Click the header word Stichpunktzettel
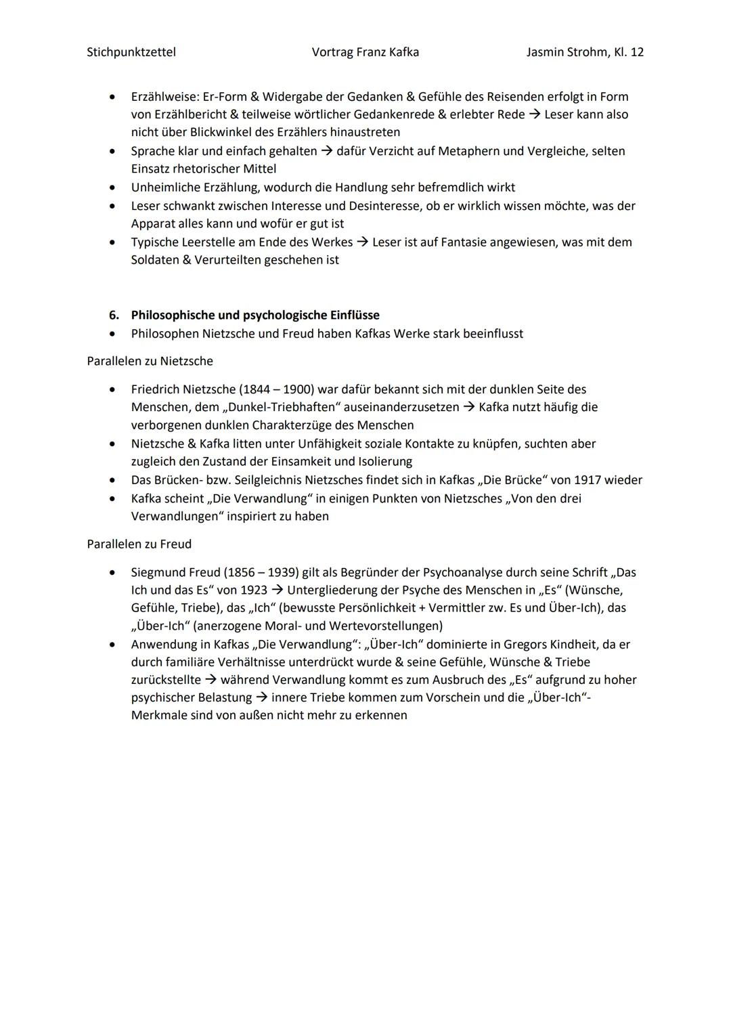pyautogui.click(x=131, y=52)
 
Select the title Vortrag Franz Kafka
pyautogui.click(x=365, y=52)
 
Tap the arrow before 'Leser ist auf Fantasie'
pyautogui.click(x=363, y=242)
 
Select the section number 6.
pyautogui.click(x=114, y=316)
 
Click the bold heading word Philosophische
pyautogui.click(x=175, y=316)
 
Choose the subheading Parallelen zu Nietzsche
pyautogui.click(x=150, y=362)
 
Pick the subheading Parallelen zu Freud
pyautogui.click(x=139, y=544)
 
